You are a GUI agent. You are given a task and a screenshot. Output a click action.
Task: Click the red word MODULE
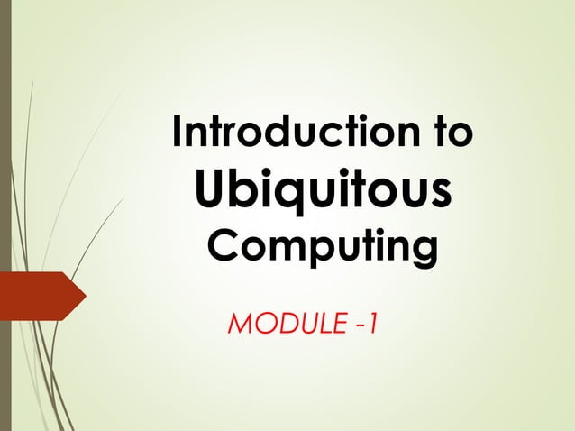(x=283, y=323)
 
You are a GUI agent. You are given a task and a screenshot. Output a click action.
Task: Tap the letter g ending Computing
(x=423, y=252)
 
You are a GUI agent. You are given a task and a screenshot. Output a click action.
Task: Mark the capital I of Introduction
(x=178, y=134)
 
